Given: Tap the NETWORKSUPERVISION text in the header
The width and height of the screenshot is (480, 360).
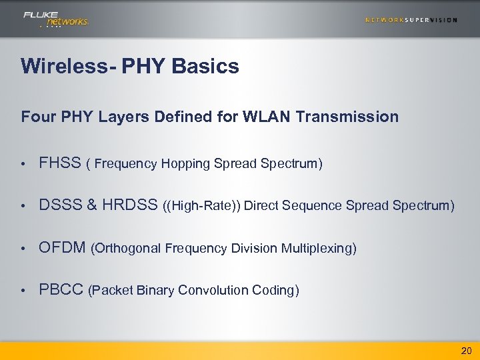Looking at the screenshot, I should [x=411, y=20].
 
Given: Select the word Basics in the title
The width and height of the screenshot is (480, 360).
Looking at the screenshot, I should [x=209, y=67].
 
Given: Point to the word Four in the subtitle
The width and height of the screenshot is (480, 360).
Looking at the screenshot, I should [x=37, y=117].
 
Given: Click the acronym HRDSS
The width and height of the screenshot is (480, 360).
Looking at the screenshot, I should [x=129, y=206].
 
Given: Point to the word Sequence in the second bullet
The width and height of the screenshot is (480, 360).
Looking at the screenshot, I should [x=312, y=206].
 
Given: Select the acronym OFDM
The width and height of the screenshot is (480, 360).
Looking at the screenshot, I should [x=62, y=248].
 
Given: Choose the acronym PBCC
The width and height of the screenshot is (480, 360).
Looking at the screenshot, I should [x=61, y=290].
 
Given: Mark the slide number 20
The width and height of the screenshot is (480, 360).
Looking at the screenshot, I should [x=466, y=351].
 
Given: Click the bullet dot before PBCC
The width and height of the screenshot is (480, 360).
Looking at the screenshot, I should [x=23, y=291].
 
